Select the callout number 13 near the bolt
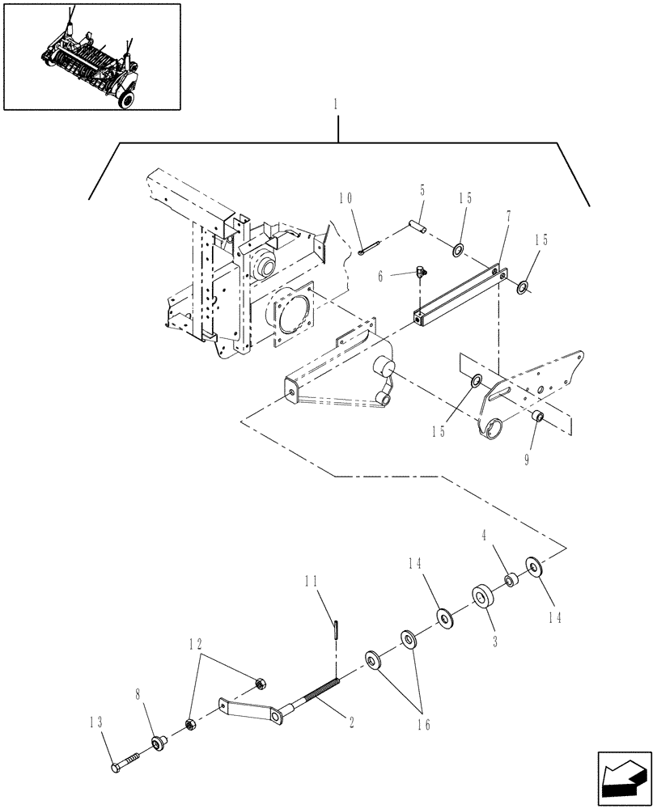click(98, 722)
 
